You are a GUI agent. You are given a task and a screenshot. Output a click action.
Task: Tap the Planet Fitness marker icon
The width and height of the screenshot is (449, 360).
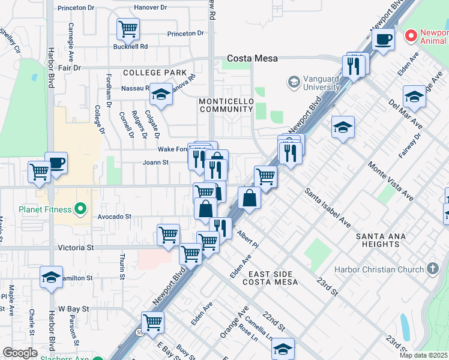(82, 209)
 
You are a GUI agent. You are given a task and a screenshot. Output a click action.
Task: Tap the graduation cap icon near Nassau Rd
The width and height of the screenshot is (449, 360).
(161, 94)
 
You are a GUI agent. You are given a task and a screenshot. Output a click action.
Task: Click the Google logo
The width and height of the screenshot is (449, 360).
(20, 353)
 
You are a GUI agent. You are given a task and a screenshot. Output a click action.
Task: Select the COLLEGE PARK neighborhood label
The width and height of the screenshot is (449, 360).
(155, 73)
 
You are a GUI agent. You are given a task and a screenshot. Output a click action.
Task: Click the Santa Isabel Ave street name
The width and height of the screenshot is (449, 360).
(328, 208)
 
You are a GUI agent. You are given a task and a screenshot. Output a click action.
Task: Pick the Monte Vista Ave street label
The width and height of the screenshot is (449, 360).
(391, 181)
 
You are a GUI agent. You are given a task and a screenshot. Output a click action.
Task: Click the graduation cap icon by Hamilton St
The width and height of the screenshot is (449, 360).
(52, 277)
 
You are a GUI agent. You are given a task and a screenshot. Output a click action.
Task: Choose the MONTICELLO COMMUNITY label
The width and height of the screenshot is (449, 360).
(226, 105)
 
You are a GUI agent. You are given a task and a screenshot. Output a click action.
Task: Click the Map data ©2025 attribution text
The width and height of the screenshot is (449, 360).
(424, 355)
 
